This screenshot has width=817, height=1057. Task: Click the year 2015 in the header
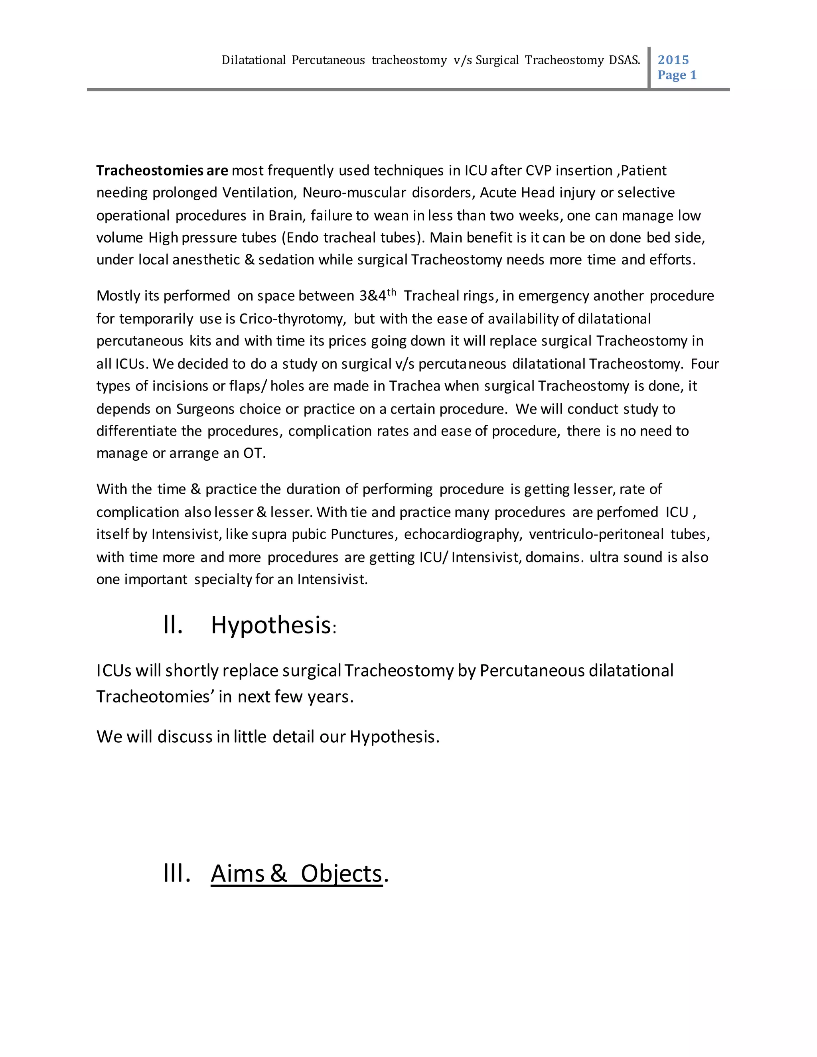pos(673,59)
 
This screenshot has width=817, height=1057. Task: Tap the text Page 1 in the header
pos(677,75)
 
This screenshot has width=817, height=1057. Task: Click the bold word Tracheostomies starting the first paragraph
pos(150,170)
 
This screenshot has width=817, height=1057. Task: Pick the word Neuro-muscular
pos(354,193)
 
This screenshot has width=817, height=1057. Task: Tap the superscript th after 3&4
pos(392,292)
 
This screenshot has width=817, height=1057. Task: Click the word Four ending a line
pos(705,363)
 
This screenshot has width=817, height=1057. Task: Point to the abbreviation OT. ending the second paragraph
pos(254,453)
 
